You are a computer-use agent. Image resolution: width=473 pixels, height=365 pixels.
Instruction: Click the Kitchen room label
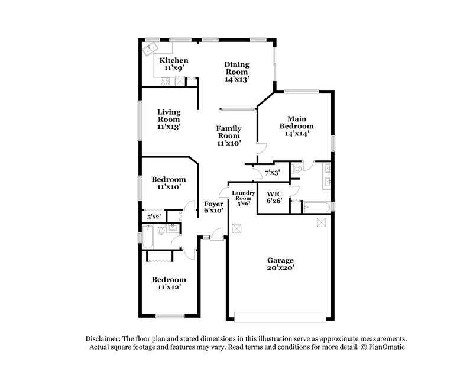pyautogui.click(x=174, y=60)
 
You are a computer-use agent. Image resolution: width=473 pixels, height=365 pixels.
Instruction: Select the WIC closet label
pyautogui.click(x=274, y=193)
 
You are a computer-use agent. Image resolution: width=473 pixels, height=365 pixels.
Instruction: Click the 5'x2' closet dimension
pyautogui.click(x=154, y=217)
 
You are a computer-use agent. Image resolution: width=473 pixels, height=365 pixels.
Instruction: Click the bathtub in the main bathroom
pyautogui.click(x=318, y=206)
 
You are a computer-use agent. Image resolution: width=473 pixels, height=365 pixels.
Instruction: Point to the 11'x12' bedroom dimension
pyautogui.click(x=169, y=288)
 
